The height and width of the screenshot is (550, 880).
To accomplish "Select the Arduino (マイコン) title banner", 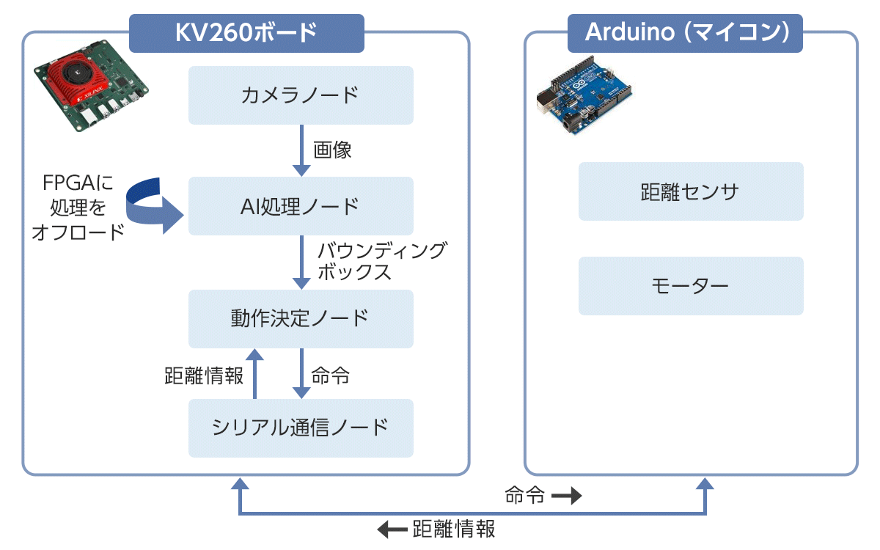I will pos(686,32).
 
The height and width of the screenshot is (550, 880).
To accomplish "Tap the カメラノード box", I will pos(301,95).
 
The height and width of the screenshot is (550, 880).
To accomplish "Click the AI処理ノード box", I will pos(301,206).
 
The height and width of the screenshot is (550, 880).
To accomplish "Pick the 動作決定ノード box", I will pos(301,319).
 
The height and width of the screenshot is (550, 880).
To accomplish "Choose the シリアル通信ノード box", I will pos(301,428).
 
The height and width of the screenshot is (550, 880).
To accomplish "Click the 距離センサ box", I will pos(691,191).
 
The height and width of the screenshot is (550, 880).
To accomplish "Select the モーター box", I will pos(691,285).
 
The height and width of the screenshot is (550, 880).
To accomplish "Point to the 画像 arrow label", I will pos(332,150).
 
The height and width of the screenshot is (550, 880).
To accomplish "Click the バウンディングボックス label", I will pos(381,261).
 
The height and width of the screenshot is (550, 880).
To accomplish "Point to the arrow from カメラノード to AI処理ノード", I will pos(301,150).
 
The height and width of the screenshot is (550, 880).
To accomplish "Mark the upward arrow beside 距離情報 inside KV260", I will pos(254,374).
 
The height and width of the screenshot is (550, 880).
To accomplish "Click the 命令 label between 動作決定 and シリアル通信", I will pos(331,376).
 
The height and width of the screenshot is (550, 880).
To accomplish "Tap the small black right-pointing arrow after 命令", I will pos(566,496).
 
